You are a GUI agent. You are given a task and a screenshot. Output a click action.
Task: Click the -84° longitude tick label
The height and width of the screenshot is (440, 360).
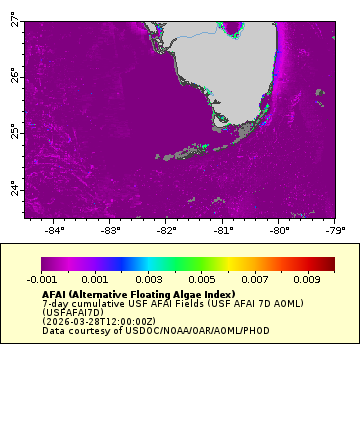(x=54, y=230)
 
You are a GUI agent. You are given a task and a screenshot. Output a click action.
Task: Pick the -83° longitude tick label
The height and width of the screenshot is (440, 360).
(x=110, y=230)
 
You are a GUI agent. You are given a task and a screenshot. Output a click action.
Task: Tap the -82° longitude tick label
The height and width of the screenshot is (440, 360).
(x=167, y=230)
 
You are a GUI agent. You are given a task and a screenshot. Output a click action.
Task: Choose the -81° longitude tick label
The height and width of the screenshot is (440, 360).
(x=223, y=230)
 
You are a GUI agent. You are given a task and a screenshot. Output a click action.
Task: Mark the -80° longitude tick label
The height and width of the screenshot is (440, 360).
(x=279, y=230)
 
